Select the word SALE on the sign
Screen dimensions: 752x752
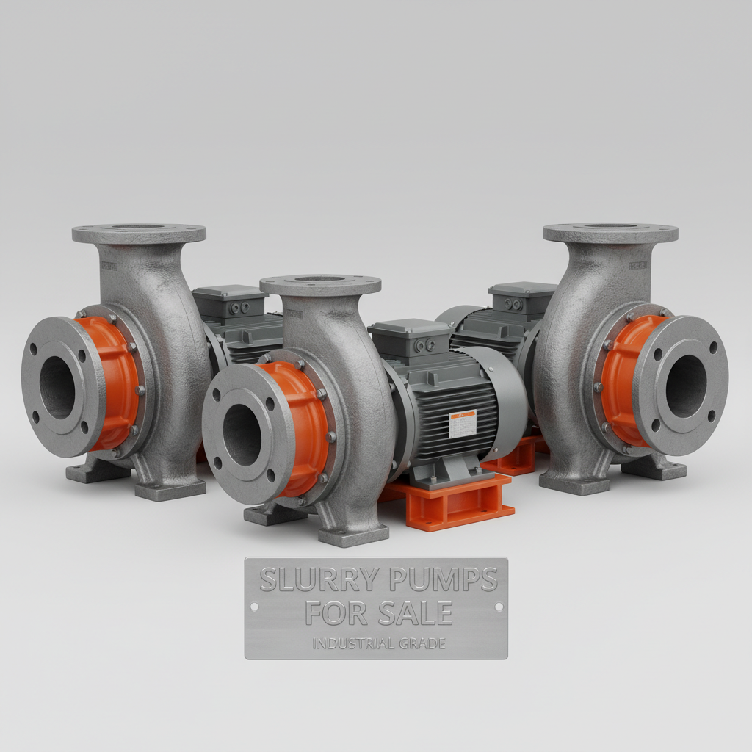click(x=417, y=611)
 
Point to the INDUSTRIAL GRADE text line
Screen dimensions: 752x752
click(x=378, y=644)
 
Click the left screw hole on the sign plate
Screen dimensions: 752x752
click(x=254, y=607)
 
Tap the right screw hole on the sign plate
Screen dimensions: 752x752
click(x=499, y=607)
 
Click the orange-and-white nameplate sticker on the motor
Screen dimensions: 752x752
click(x=462, y=424)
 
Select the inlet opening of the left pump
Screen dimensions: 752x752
click(x=57, y=387)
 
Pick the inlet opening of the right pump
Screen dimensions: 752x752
click(x=686, y=386)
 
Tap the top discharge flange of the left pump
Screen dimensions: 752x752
click(x=139, y=234)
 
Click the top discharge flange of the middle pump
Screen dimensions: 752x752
click(x=320, y=283)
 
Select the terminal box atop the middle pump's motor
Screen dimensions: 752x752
click(x=411, y=338)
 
